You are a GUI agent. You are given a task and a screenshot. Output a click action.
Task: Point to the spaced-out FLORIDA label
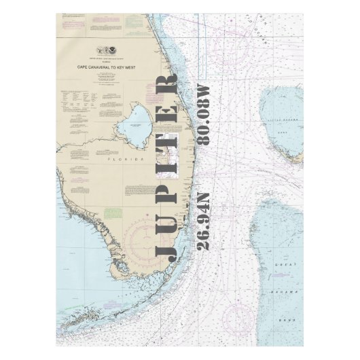point(125,160)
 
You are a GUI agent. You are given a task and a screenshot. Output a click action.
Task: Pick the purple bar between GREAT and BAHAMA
point(280,275)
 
